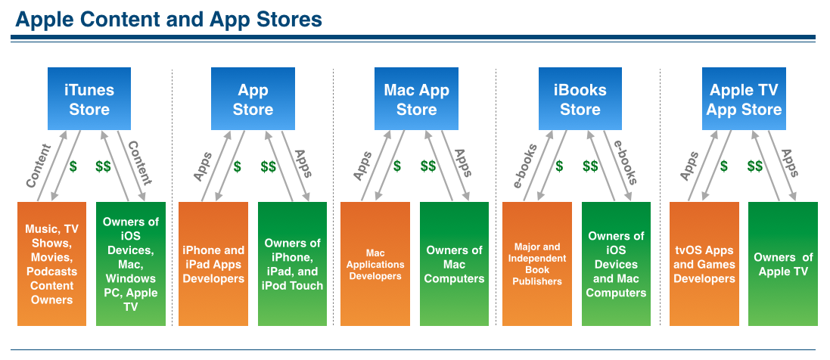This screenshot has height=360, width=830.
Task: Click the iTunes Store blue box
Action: coord(89,98)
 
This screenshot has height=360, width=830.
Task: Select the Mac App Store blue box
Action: coord(416,98)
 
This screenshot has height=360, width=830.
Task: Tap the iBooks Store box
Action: coord(580,98)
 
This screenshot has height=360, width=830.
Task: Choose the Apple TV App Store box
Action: coord(744,98)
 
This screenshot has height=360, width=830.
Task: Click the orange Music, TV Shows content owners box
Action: coord(52,264)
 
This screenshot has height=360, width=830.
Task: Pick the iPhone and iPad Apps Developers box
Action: coord(213,264)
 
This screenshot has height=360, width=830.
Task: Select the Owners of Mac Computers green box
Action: coord(454,264)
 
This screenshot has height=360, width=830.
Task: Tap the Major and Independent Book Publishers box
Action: coord(536,264)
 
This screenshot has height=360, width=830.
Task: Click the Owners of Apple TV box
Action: coord(783,264)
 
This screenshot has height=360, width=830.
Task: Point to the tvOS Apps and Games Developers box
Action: coord(704,264)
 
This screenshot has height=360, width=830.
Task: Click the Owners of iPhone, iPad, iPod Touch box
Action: coord(292,264)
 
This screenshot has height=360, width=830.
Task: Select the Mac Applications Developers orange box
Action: coord(375,264)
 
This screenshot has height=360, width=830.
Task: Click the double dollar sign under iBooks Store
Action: coord(590,166)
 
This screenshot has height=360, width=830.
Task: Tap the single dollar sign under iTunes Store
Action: coord(73,166)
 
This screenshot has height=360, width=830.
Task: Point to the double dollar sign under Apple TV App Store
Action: coord(755,166)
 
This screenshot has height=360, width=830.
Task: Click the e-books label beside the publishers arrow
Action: coord(525,166)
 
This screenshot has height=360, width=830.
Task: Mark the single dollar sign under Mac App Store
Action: coord(397,166)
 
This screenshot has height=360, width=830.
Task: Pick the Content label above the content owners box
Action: coord(39,166)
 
